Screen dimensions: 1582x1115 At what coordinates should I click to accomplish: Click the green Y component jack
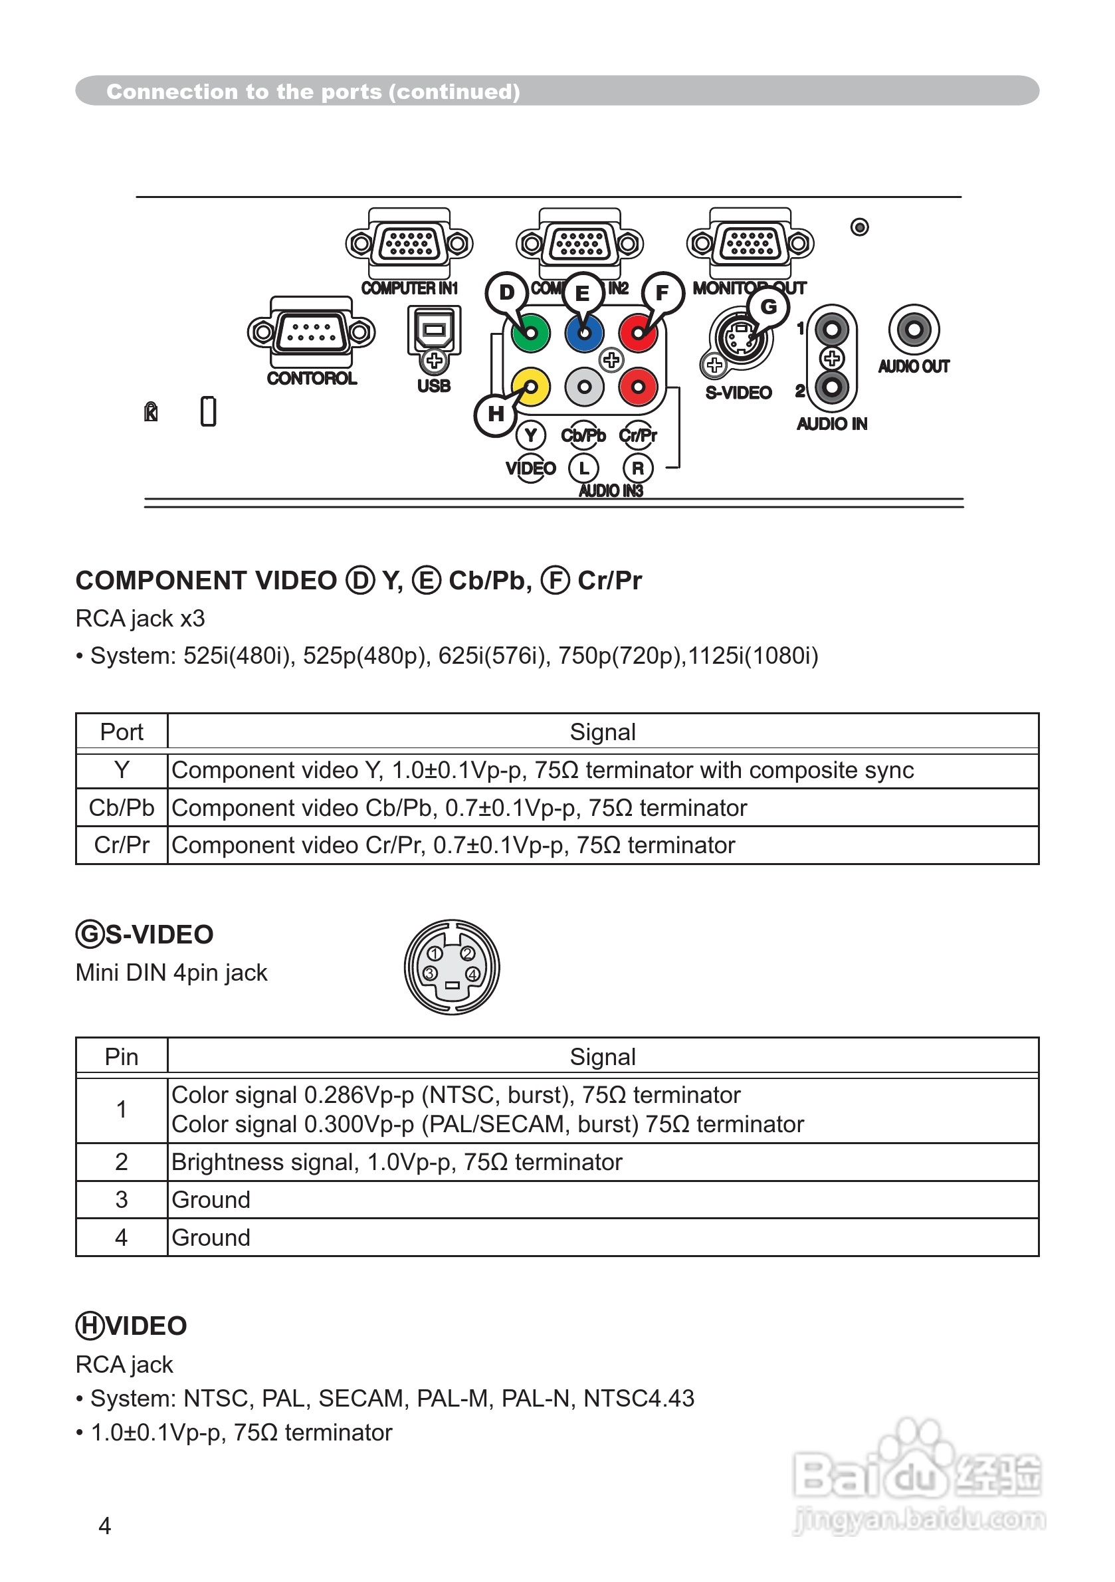(x=530, y=334)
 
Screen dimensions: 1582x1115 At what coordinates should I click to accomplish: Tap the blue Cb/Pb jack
(x=583, y=334)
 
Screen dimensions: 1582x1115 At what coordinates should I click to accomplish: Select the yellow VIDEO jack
(x=531, y=387)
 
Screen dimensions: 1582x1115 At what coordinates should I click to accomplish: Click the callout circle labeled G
(x=768, y=306)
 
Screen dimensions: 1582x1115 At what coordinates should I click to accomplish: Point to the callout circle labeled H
(x=496, y=414)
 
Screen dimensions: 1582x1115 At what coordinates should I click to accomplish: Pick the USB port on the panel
(x=434, y=331)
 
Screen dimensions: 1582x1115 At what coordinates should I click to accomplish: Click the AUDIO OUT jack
(x=914, y=330)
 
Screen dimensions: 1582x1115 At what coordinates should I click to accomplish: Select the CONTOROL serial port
(x=312, y=333)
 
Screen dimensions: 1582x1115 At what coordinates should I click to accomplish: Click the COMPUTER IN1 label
(x=409, y=288)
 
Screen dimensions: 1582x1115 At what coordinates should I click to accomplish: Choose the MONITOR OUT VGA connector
(x=750, y=243)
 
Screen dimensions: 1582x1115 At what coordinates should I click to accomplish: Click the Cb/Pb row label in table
(x=122, y=807)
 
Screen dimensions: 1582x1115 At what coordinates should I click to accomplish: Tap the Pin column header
(x=122, y=1057)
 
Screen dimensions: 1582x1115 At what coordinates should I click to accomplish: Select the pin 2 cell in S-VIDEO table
(x=122, y=1161)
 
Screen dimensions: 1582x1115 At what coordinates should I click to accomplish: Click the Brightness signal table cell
(x=396, y=1161)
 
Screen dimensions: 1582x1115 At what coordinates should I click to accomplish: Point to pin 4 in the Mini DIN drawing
(x=472, y=974)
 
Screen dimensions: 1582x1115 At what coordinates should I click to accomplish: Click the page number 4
(x=105, y=1526)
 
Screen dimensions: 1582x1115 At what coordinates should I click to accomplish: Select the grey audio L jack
(x=584, y=387)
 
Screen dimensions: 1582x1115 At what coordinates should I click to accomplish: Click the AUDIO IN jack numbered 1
(x=832, y=330)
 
